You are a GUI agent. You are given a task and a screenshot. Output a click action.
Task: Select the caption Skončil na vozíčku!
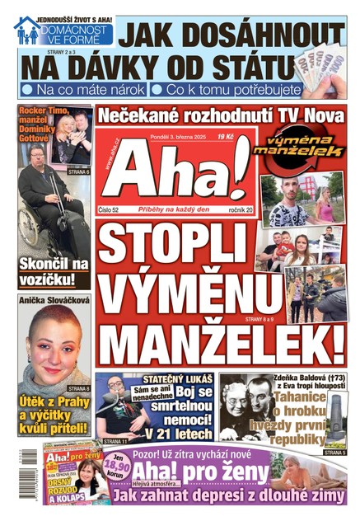(x=54, y=275)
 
